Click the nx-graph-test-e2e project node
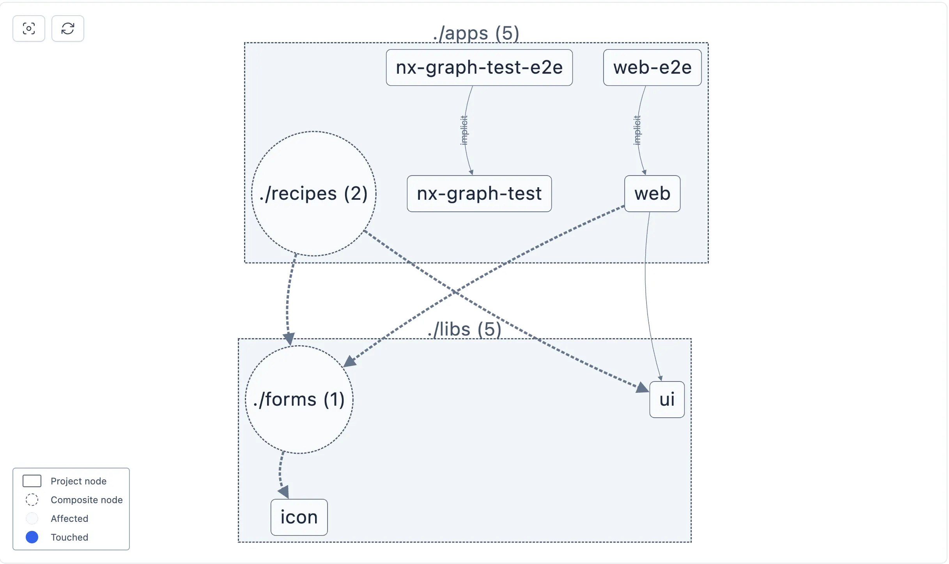click(x=479, y=67)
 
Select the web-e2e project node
click(x=652, y=67)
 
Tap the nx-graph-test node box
click(x=479, y=193)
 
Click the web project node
click(x=652, y=193)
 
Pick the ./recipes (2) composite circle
click(x=314, y=193)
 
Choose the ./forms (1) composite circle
click(x=299, y=399)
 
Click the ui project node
click(x=667, y=399)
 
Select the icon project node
click(x=299, y=517)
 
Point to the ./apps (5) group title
click(x=476, y=34)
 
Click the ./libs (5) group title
click(x=464, y=330)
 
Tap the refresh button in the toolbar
click(x=68, y=28)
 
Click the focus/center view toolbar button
click(x=29, y=28)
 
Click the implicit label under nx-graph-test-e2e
click(x=464, y=130)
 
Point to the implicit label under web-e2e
click(x=637, y=130)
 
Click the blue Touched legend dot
click(x=32, y=537)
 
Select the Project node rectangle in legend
click(x=32, y=481)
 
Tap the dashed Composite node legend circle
click(x=32, y=500)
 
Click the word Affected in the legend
click(x=69, y=518)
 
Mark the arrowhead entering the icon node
click(x=284, y=492)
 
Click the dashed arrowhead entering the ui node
click(x=642, y=388)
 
